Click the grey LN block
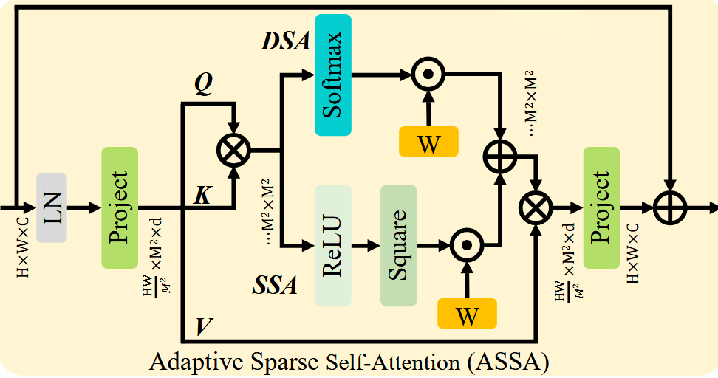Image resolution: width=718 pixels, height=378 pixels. coord(51,207)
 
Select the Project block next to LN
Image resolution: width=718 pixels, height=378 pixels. coord(119,207)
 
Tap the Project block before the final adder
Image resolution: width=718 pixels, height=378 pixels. coord(601,207)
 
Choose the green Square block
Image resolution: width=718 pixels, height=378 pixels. coord(398,244)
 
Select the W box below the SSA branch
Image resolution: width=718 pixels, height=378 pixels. coord(467,313)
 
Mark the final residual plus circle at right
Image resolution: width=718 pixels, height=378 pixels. coord(670,208)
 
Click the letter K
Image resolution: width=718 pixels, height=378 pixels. coord(202,196)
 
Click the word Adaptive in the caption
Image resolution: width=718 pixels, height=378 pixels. coord(191,362)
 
